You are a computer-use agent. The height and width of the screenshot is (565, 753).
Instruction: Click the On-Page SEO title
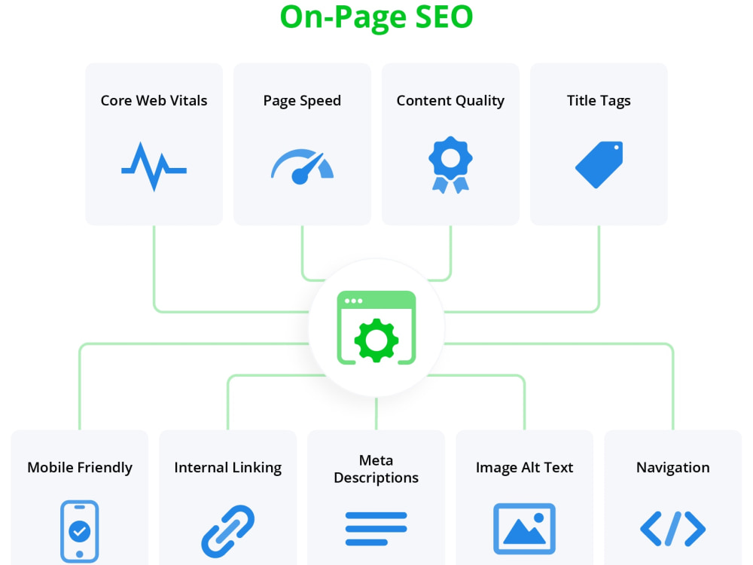376,17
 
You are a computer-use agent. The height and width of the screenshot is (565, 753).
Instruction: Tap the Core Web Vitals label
154,100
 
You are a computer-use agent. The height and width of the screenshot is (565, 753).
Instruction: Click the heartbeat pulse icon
154,166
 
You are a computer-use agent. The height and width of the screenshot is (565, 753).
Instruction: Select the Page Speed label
302,101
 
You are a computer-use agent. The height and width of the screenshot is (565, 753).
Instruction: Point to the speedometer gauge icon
302,166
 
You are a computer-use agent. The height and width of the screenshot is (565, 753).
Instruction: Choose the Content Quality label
450,101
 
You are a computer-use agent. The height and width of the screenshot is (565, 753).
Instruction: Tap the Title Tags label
599,101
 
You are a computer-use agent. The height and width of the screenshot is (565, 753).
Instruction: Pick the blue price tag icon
599,164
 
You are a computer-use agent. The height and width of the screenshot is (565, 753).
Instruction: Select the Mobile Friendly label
80,468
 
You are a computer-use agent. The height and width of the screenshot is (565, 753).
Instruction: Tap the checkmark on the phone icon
80,531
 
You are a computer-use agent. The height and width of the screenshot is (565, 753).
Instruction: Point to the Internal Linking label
228,468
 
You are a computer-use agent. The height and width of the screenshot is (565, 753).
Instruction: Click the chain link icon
228,531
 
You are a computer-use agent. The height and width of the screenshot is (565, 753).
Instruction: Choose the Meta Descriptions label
376,469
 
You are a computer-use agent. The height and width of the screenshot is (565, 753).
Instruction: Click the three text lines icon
376,529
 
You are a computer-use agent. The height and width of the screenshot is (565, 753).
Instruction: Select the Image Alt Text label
524,468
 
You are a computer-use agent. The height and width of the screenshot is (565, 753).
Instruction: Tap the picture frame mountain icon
524,529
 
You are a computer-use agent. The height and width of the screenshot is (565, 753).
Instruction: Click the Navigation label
672,468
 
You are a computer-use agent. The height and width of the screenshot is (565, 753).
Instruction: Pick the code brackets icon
672,529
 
